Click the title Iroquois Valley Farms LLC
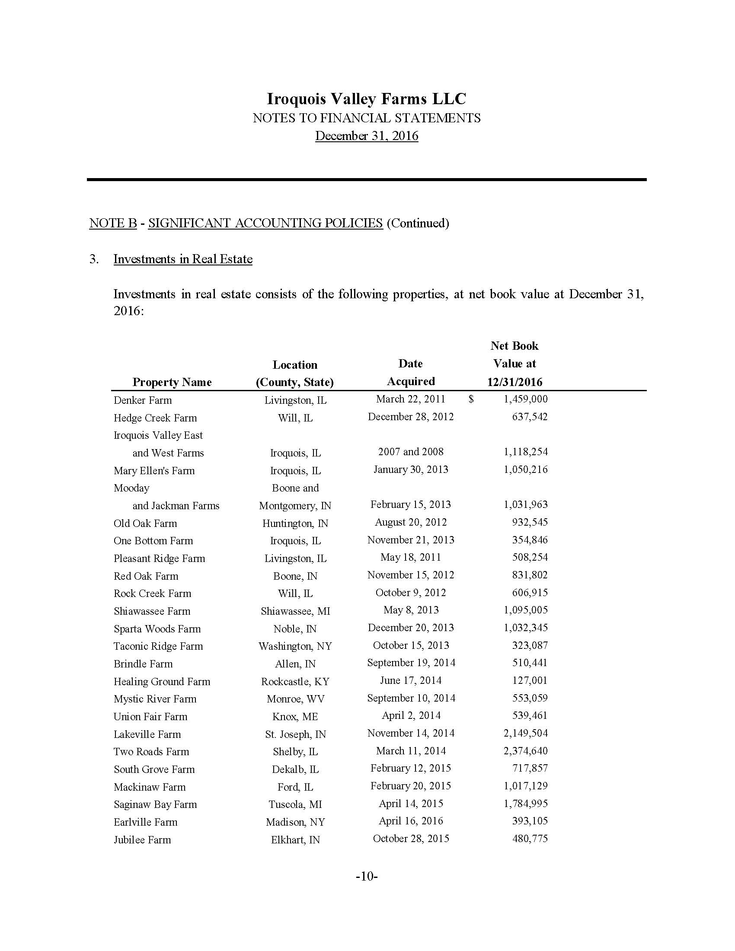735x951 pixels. (366, 99)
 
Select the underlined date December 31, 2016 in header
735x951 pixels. (366, 136)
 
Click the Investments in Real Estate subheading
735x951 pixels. (183, 259)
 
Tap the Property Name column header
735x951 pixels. (172, 382)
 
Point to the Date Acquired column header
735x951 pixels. (411, 372)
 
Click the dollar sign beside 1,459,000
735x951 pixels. (471, 399)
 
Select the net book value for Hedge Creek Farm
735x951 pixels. (530, 417)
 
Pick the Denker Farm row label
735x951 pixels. (143, 400)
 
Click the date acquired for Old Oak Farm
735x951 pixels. (411, 522)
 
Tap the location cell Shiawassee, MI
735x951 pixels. (295, 611)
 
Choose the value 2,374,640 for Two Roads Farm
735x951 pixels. (526, 751)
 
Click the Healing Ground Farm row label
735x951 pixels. (162, 681)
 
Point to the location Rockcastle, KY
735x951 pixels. (295, 681)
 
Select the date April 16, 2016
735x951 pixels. (411, 821)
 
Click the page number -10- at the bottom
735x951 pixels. (367, 876)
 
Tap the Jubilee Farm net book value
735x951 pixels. (530, 838)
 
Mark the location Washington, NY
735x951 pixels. (295, 646)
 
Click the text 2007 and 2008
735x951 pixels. (411, 452)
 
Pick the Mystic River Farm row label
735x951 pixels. (155, 699)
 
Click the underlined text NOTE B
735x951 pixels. (113, 223)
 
